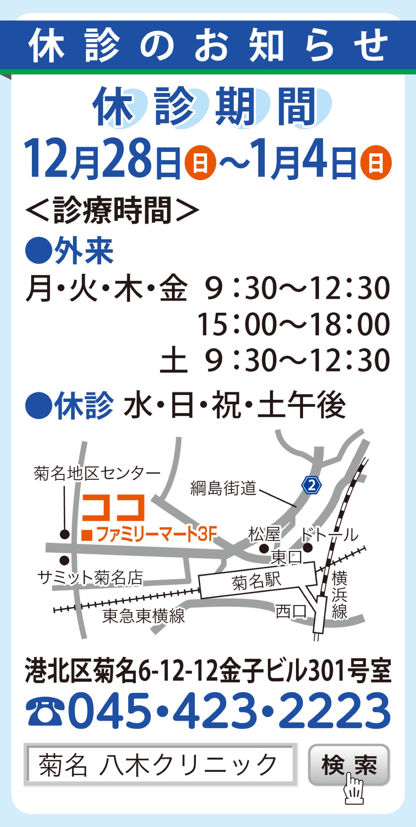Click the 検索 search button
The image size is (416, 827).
(349, 764)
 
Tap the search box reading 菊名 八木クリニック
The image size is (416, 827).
(161, 765)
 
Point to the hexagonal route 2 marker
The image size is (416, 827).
(312, 485)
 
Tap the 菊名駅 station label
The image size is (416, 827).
(257, 581)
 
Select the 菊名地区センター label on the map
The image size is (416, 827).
(97, 473)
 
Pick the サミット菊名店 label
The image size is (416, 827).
(90, 578)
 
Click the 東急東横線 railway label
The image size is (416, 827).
(144, 616)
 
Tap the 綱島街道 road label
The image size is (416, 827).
(223, 488)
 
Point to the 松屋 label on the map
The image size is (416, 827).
(264, 534)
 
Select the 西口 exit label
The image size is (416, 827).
(291, 611)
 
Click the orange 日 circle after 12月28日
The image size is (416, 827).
(200, 163)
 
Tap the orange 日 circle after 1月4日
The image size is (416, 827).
(376, 163)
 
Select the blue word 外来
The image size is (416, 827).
(84, 251)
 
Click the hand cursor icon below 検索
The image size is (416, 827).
(354, 789)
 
